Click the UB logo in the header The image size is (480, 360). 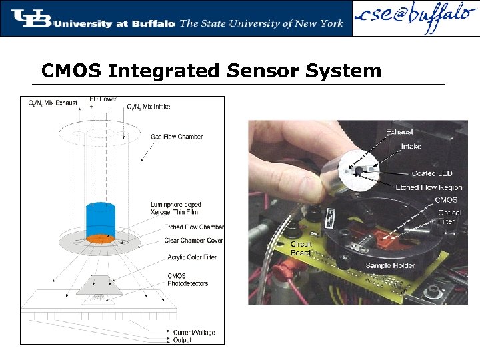click(x=31, y=18)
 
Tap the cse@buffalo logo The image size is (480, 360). click(x=414, y=18)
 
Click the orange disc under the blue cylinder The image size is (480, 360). click(x=100, y=238)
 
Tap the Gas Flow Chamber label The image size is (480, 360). click(x=176, y=137)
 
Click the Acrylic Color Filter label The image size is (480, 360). click(x=191, y=257)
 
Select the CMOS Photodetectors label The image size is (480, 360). click(x=187, y=279)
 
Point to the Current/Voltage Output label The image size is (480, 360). click(x=194, y=336)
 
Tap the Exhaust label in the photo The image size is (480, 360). click(x=399, y=132)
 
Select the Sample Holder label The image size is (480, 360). click(x=390, y=265)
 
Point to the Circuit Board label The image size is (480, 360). click(x=301, y=249)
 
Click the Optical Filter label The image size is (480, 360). click(x=446, y=217)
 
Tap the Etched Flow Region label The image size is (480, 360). click(x=428, y=187)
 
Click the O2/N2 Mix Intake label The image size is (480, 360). click(x=153, y=105)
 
